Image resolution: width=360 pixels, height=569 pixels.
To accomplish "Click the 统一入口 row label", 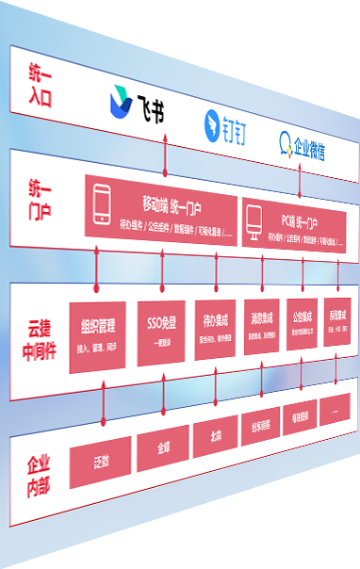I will coord(40,84).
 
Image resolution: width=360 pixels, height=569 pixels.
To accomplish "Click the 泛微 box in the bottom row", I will coord(100,463).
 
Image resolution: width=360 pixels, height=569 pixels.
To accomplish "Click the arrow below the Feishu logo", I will coord(166,151).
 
